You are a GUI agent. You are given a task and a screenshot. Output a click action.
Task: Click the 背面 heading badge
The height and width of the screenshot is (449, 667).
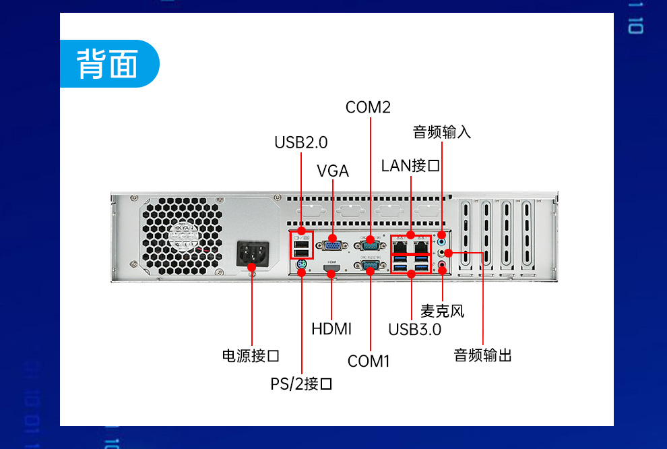pos(108,65)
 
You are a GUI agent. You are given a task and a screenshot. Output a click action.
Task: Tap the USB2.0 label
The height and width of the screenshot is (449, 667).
pos(300,142)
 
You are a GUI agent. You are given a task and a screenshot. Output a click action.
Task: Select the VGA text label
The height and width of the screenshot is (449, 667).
pos(333,171)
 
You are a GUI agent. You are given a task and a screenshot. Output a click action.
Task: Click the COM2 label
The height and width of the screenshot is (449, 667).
pos(368,107)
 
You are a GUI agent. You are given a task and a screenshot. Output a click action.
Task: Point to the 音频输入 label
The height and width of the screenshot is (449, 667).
pos(442,132)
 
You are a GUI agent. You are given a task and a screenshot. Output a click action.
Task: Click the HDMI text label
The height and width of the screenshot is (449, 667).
pos(331,329)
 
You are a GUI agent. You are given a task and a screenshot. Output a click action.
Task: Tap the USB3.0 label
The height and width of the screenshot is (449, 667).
pos(414,330)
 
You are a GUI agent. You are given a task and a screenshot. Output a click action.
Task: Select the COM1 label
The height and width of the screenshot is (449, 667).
pos(369,361)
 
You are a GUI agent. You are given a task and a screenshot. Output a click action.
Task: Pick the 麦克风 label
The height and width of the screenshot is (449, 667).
pos(443,311)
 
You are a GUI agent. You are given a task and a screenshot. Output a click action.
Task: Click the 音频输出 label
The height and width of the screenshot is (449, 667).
pos(482,355)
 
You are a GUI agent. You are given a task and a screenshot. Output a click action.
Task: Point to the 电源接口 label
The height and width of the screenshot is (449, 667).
pos(251,355)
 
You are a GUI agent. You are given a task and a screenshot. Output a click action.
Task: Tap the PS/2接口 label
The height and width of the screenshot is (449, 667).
pos(301,384)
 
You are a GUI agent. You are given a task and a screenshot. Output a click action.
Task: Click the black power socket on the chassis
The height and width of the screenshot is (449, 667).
pos(252,256)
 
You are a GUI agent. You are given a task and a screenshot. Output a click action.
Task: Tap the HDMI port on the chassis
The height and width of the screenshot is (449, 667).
pos(331,270)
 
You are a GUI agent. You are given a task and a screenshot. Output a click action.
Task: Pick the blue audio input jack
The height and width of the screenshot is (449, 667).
pos(442,240)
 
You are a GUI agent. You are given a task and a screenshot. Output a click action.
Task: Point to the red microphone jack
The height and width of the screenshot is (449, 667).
pos(443,266)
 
